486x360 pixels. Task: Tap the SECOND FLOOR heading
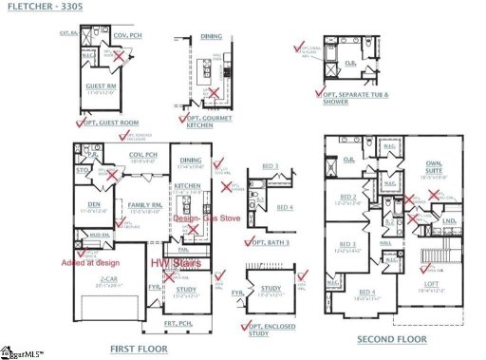click(x=391, y=339)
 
